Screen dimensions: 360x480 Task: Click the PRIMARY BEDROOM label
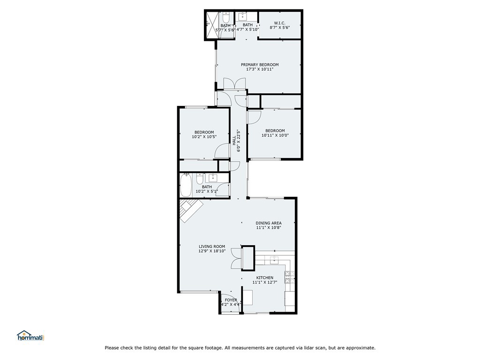point(260,65)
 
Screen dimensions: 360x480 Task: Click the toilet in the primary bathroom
point(225,18)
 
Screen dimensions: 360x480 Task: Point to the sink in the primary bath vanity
point(244,17)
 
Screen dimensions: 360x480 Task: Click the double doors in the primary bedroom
point(234,84)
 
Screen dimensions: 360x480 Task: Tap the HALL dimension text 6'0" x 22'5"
point(239,140)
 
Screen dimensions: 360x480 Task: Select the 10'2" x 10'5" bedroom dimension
point(204,137)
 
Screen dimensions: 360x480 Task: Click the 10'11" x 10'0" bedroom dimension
point(275,135)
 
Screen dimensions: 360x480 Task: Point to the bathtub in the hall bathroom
point(186,185)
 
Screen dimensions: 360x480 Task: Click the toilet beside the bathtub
point(200,179)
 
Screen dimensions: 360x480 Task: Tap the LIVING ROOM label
point(212,247)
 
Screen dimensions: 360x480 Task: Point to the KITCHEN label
point(264,277)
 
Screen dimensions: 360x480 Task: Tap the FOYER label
point(231,300)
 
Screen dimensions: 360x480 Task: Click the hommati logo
point(30,336)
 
